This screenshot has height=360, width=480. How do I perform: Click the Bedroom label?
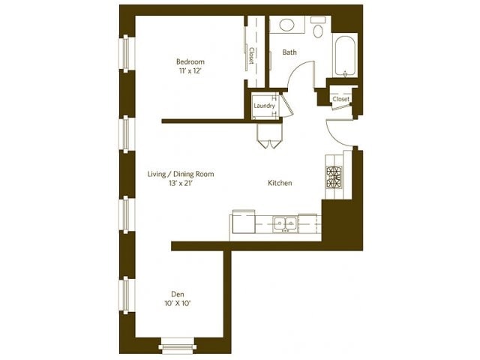(190, 61)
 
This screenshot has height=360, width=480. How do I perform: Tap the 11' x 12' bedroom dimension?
(190, 71)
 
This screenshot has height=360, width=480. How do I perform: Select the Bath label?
(289, 52)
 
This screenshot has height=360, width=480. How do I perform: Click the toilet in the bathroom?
(318, 28)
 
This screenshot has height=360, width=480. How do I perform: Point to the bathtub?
(345, 55)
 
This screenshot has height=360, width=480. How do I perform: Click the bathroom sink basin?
(286, 25)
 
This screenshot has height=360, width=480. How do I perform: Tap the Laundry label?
(264, 106)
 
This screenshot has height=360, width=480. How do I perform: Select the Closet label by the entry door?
(340, 99)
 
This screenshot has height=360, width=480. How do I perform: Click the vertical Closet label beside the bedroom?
(252, 55)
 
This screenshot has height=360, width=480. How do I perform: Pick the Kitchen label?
(280, 183)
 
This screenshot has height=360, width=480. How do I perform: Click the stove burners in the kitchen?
(334, 177)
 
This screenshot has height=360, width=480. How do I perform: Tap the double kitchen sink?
(285, 223)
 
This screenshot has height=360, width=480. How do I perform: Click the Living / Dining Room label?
(181, 174)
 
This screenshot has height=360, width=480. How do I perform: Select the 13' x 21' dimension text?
(181, 184)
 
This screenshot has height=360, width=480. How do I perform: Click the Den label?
(178, 295)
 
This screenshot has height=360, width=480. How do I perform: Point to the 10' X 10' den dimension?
(178, 304)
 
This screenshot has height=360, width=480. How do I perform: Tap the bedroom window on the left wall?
(126, 53)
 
